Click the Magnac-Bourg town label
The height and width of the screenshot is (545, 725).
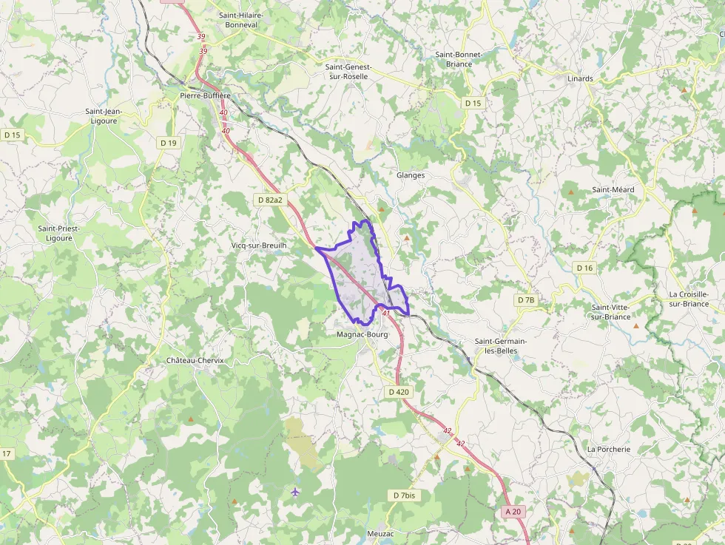click(x=362, y=334)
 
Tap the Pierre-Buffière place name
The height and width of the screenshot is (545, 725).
click(x=206, y=95)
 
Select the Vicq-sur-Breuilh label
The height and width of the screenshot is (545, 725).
click(x=259, y=245)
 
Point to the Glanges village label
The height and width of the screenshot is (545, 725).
click(x=411, y=175)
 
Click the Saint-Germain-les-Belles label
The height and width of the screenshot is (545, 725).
click(x=501, y=345)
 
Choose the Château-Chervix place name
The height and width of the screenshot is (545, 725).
click(x=195, y=360)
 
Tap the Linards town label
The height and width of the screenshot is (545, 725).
click(x=580, y=78)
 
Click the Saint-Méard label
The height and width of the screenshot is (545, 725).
click(x=613, y=189)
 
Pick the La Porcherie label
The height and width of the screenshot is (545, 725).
click(x=609, y=449)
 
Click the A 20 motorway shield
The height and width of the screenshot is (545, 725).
click(x=513, y=511)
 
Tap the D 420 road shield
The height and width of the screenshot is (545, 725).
click(x=398, y=392)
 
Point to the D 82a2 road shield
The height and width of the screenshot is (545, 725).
click(x=270, y=200)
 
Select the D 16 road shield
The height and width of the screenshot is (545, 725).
click(x=584, y=268)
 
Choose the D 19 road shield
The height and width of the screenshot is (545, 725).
click(x=169, y=143)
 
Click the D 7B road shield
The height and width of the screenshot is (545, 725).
click(x=525, y=300)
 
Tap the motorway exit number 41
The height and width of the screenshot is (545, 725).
click(x=386, y=314)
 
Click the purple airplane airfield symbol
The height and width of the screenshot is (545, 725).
click(x=296, y=492)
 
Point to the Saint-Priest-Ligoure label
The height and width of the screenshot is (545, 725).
click(x=59, y=233)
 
